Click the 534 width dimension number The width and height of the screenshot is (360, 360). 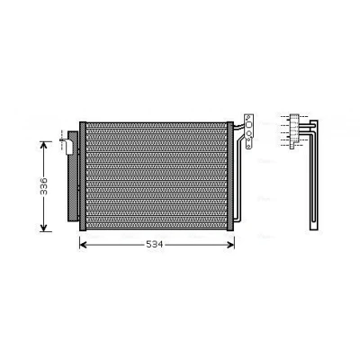[x=155, y=245]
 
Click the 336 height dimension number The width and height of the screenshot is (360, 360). [x=44, y=186]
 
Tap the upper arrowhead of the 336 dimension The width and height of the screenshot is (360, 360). [x=44, y=145]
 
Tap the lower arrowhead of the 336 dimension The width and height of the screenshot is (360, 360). [x=44, y=228]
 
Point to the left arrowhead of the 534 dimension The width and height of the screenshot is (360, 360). [x=83, y=245]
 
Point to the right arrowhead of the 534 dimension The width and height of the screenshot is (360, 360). [x=230, y=245]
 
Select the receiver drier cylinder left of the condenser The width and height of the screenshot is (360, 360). [x=73, y=176]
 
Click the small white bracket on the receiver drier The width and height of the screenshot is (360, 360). [x=68, y=146]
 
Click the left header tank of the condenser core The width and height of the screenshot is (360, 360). [x=83, y=176]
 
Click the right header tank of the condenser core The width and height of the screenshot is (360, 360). [x=230, y=176]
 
